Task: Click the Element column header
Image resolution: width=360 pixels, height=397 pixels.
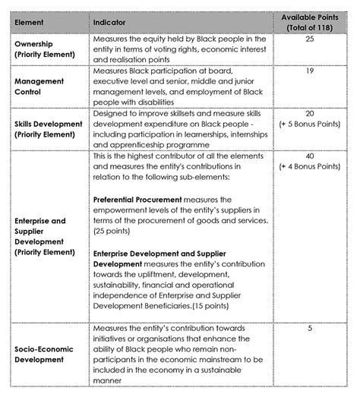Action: point(30,23)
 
